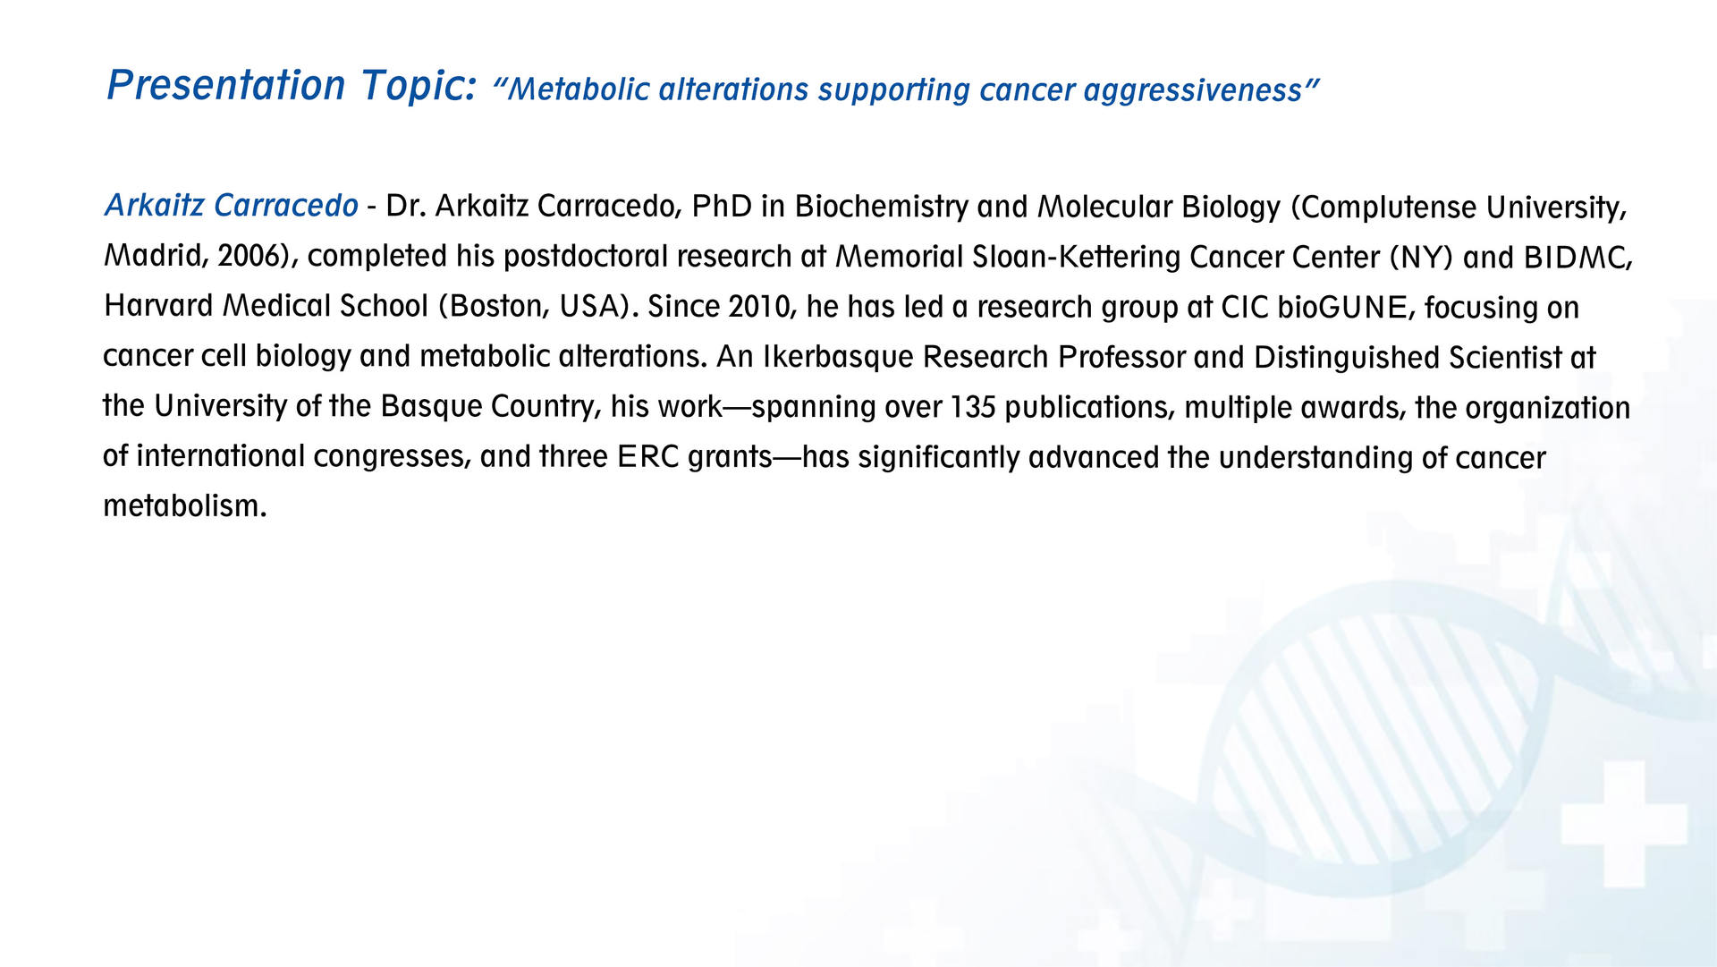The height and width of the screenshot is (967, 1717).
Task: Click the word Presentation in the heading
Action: [x=226, y=86]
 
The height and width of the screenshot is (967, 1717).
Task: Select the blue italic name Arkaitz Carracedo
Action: [x=232, y=206]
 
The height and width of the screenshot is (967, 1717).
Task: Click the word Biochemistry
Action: [x=881, y=208]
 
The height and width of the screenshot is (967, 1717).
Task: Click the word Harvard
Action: [x=158, y=306]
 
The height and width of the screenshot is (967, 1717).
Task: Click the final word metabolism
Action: [x=184, y=506]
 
